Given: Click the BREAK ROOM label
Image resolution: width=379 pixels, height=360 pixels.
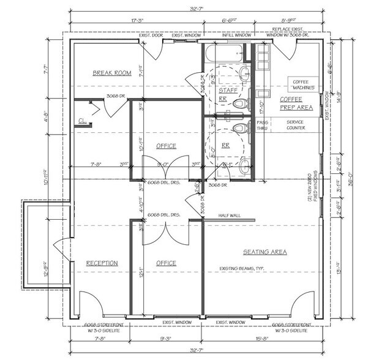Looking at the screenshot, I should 112,73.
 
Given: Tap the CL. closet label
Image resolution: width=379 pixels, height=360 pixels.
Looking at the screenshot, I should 83,121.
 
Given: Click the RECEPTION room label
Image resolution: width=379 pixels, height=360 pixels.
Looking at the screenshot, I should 102,263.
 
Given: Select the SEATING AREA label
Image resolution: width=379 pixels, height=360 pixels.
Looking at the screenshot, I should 265,252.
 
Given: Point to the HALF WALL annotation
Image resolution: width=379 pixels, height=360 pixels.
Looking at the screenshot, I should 230,216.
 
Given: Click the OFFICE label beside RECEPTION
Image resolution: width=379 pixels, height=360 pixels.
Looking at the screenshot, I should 166,263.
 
